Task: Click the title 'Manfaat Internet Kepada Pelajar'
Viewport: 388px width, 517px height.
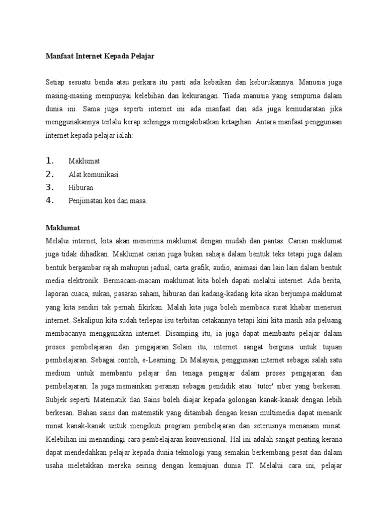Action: tap(100, 57)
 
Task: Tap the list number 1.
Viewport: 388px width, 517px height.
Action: tap(50, 161)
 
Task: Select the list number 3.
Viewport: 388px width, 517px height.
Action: tap(50, 187)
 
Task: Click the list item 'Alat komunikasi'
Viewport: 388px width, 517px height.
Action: tap(93, 174)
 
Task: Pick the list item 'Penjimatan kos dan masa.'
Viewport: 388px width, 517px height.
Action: tap(108, 200)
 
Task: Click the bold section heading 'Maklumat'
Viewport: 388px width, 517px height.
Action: tap(63, 228)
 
